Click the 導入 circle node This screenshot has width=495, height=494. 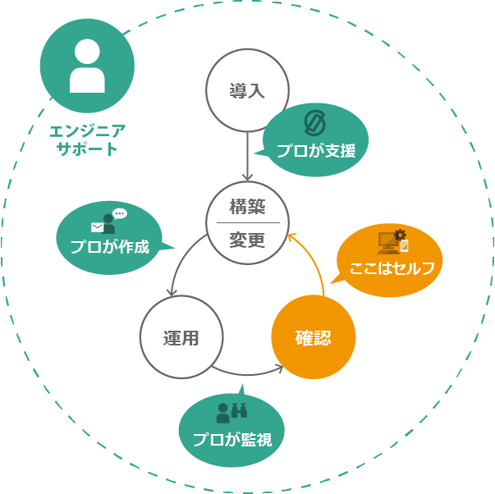click(x=247, y=90)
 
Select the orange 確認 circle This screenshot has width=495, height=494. click(x=313, y=337)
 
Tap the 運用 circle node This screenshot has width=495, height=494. click(x=181, y=337)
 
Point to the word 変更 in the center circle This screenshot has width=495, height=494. click(x=247, y=240)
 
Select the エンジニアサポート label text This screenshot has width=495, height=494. click(x=87, y=140)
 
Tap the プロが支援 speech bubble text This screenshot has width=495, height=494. click(x=315, y=151)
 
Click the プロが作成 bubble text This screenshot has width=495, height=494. click(x=109, y=246)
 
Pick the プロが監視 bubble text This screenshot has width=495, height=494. click(x=232, y=438)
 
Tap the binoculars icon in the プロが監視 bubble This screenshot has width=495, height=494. click(x=240, y=409)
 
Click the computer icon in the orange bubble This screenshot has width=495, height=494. click(x=388, y=240)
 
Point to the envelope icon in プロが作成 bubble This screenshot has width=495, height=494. click(x=98, y=227)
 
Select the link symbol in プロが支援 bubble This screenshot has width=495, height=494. click(x=315, y=122)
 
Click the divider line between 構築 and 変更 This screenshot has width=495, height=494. click(x=247, y=223)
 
